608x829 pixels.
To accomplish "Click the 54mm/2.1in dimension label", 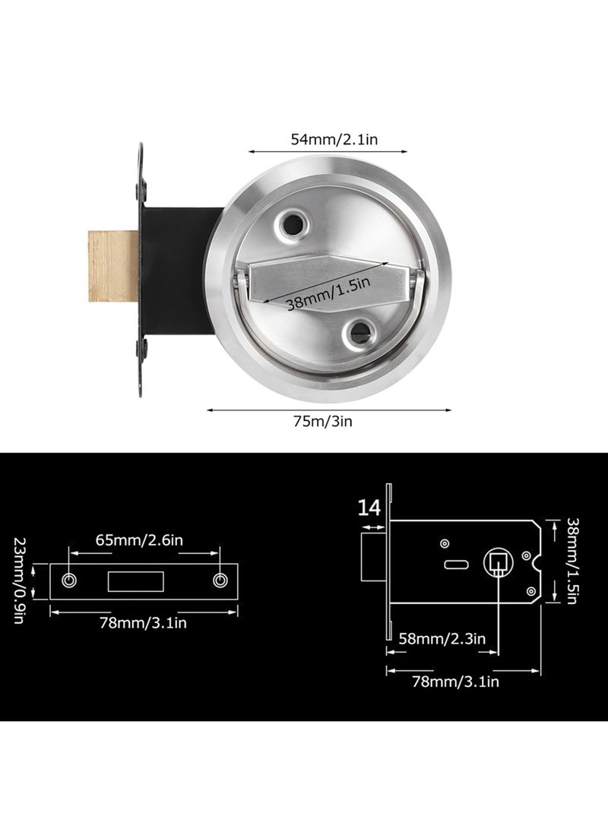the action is click(334, 139).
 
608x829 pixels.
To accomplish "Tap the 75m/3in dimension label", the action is click(323, 421).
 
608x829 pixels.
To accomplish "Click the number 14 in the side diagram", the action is click(369, 508).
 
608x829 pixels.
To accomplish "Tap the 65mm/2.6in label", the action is click(140, 539).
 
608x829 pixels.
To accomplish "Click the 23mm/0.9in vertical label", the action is click(19, 581).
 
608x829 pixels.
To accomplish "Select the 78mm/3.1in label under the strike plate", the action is click(144, 623).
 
